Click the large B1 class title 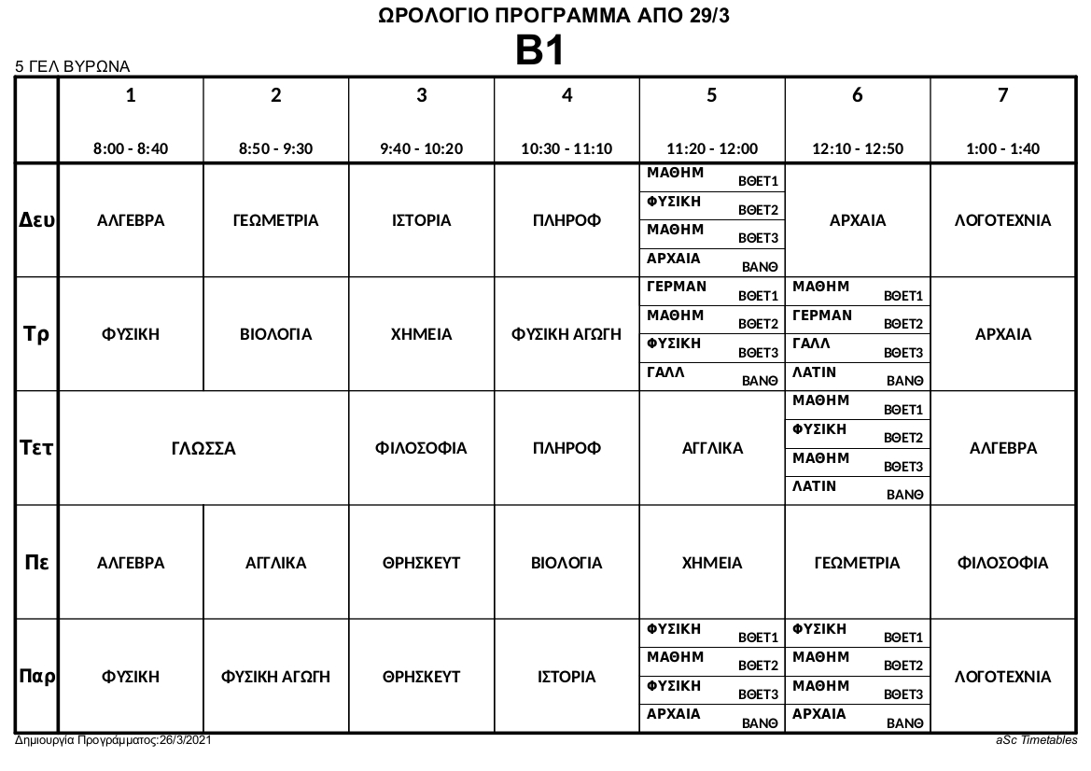click(x=540, y=51)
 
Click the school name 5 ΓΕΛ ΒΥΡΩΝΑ click(x=72, y=67)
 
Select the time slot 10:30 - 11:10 click(x=566, y=148)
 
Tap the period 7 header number click(x=1002, y=95)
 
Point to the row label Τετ click(x=37, y=448)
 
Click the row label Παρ click(x=37, y=677)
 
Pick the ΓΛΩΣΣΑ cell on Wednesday click(x=203, y=449)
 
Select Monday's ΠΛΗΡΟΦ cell click(x=566, y=221)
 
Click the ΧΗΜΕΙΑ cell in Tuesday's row click(x=421, y=335)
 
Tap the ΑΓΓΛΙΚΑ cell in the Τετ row click(x=712, y=449)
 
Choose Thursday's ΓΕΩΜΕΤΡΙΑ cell click(x=857, y=563)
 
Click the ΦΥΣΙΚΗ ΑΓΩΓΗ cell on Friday click(x=275, y=678)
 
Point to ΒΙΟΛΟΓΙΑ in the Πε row click(x=566, y=563)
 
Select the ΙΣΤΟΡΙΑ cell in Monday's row click(x=421, y=221)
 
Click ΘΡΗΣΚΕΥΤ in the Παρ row click(x=421, y=678)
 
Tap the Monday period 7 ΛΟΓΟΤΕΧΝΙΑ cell click(x=1002, y=221)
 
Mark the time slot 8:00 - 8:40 click(x=131, y=148)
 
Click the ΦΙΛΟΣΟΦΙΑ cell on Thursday click(x=1002, y=563)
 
